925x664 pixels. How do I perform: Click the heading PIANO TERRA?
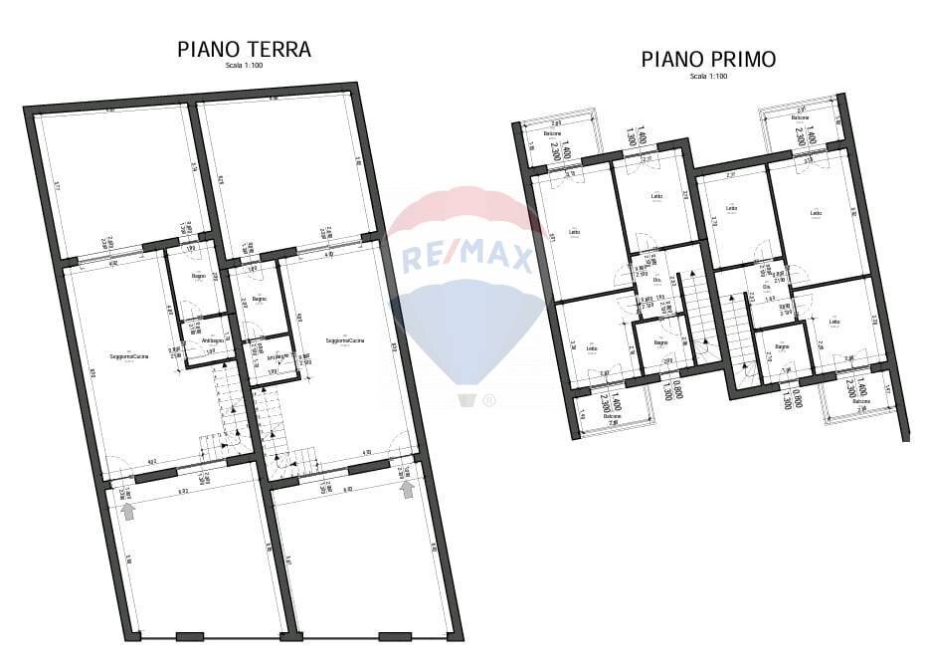(x=244, y=49)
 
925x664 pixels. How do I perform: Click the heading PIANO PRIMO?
(x=708, y=60)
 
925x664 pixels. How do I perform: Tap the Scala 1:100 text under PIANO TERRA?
(x=244, y=66)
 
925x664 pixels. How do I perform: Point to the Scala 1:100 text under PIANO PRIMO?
(x=708, y=76)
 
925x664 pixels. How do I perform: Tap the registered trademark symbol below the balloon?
(x=488, y=401)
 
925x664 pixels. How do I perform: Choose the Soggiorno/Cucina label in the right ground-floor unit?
(x=344, y=341)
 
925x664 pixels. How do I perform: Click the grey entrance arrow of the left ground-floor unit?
(x=127, y=511)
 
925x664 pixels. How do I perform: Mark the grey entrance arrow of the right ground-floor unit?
(x=406, y=488)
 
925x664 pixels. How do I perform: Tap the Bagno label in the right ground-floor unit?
(x=259, y=299)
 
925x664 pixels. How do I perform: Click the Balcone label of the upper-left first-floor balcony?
(x=552, y=134)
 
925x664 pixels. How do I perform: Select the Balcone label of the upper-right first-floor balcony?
(x=800, y=118)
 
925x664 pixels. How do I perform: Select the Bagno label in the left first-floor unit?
(x=659, y=342)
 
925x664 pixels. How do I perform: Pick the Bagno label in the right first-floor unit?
(x=783, y=346)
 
